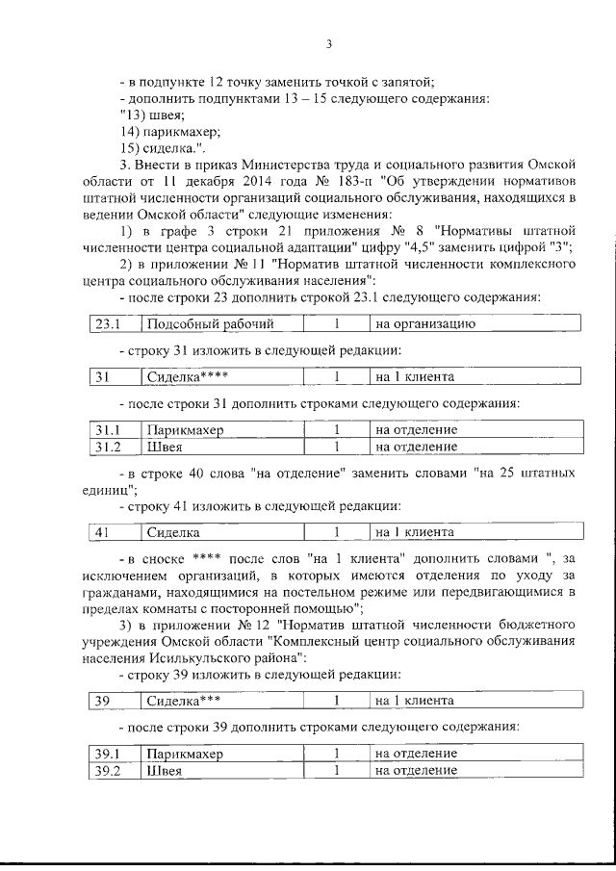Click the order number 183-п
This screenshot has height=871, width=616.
pyautogui.click(x=352, y=180)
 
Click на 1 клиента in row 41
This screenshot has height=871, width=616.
pyautogui.click(x=415, y=531)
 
